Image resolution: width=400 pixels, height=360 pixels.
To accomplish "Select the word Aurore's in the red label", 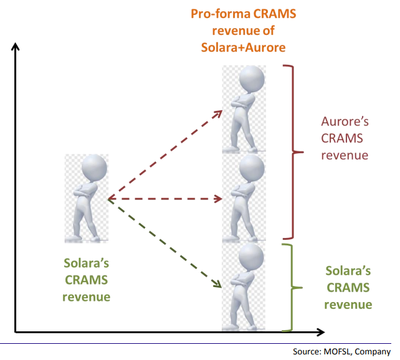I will tap(342, 121).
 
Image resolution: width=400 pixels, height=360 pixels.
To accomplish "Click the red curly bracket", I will tap(288, 151).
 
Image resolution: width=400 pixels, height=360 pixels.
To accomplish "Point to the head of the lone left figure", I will tap(92, 168).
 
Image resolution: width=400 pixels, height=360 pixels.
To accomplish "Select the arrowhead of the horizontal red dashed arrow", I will tap(219, 199).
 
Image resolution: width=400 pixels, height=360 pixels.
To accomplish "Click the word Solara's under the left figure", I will tap(86, 264).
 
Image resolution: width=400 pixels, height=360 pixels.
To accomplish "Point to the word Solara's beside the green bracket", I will tap(348, 271).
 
